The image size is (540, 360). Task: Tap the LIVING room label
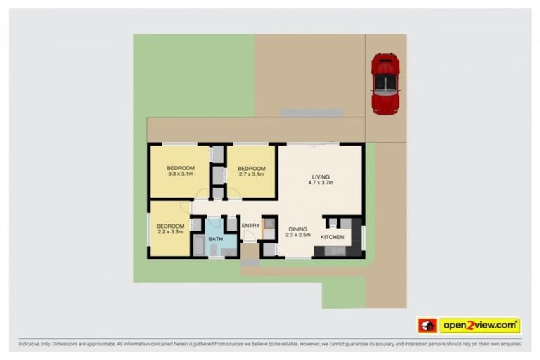click(x=320, y=176)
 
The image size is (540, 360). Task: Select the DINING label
click(x=299, y=229)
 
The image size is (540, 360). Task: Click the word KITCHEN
click(x=333, y=237)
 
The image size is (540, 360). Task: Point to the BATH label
click(x=214, y=239)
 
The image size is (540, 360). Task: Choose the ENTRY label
click(x=250, y=226)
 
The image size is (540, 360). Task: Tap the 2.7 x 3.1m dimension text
click(x=251, y=174)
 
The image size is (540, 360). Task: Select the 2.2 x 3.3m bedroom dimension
click(x=170, y=232)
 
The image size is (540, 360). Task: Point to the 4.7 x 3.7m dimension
click(x=320, y=183)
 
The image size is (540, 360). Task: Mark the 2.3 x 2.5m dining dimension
click(x=299, y=236)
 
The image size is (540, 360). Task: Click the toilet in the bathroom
click(x=214, y=249)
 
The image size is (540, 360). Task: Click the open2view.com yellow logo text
click(x=480, y=326)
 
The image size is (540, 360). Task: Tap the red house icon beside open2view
click(x=427, y=326)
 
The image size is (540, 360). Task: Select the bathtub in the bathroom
click(x=198, y=245)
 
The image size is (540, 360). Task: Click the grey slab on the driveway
click(x=311, y=112)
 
